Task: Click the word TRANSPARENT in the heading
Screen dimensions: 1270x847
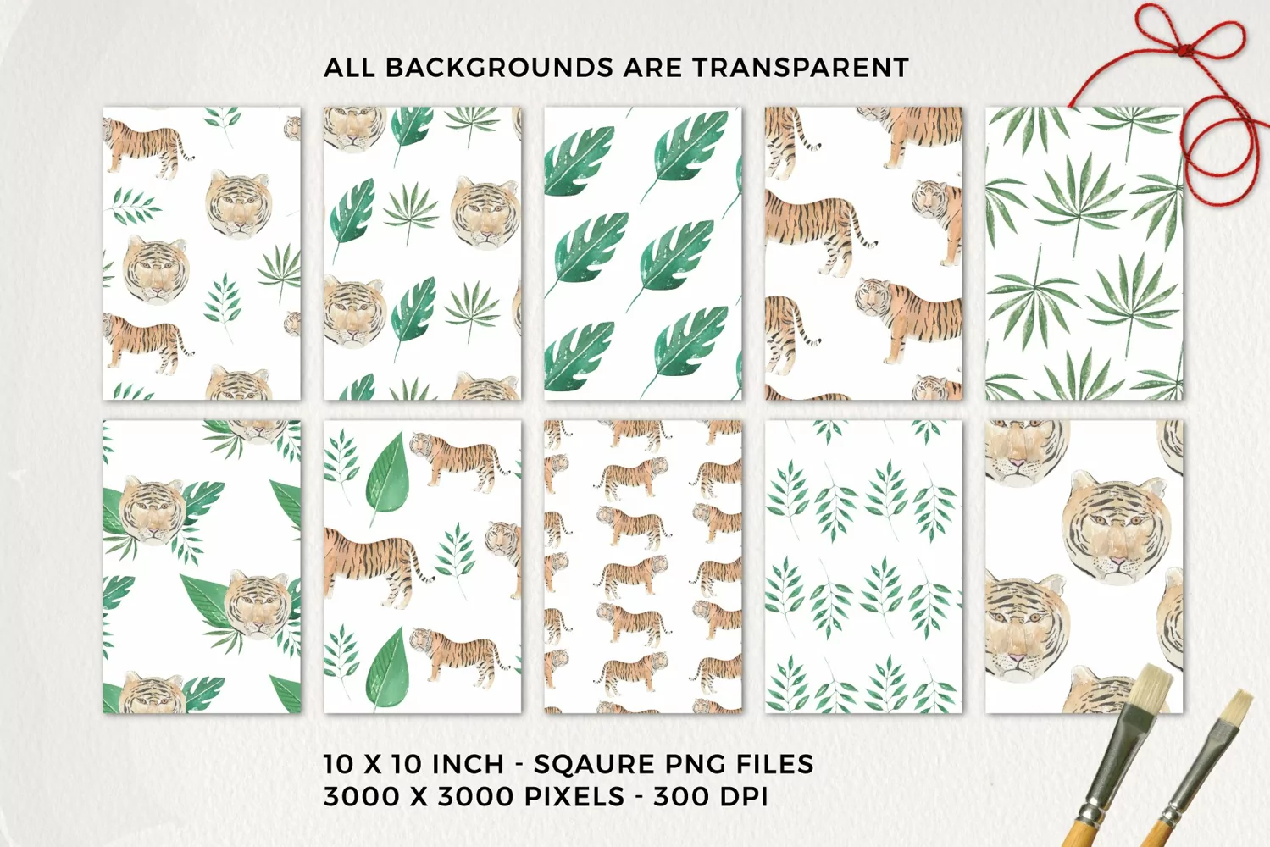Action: click(801, 68)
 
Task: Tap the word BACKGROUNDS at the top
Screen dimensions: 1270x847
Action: click(499, 68)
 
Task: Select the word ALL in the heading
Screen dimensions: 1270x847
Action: click(350, 68)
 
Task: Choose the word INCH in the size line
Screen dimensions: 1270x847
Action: click(469, 764)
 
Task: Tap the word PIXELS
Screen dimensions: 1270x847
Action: click(574, 797)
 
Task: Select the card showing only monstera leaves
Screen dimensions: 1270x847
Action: click(643, 253)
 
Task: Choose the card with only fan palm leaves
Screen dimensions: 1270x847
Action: click(1084, 253)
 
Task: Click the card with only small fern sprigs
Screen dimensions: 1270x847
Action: click(863, 567)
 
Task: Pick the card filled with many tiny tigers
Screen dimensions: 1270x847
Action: click(643, 567)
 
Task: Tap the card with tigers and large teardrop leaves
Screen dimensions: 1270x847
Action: click(423, 567)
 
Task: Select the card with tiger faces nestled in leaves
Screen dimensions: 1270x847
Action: click(202, 567)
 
